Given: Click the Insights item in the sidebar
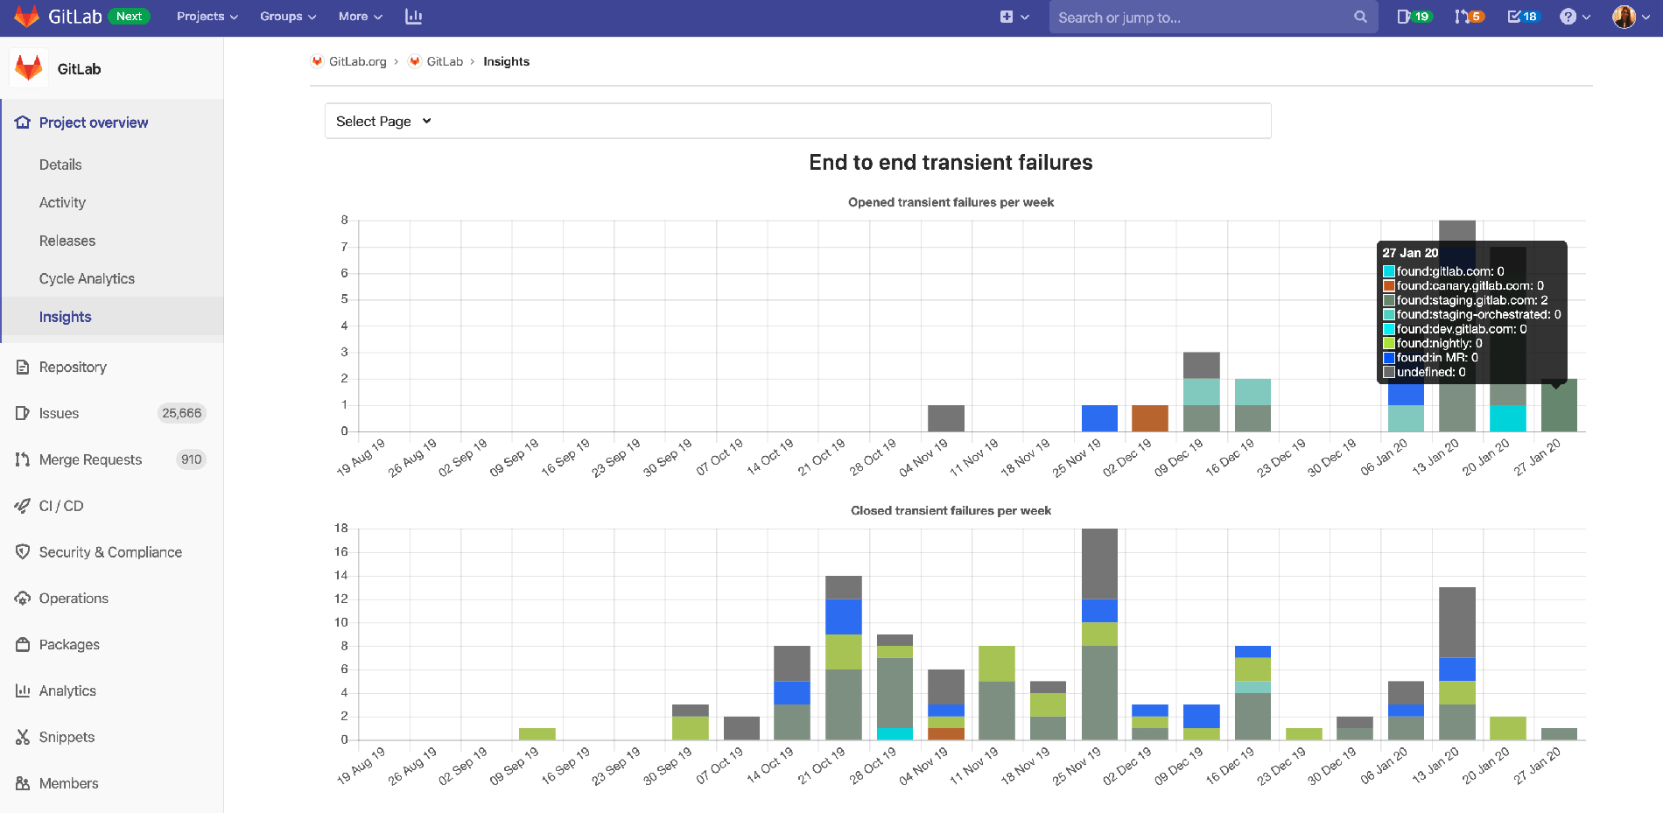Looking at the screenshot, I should (65, 317).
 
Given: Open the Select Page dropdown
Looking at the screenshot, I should (383, 122).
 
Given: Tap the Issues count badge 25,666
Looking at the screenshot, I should (181, 413).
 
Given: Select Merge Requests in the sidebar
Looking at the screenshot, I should (90, 459).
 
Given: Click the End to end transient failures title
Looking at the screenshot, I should (951, 163).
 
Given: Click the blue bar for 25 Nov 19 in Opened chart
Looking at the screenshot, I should (1099, 418).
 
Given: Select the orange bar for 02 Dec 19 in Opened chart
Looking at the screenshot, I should (1150, 418).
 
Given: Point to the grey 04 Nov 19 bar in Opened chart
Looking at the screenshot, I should (945, 418).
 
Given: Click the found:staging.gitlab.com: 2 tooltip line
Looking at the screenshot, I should (1470, 300).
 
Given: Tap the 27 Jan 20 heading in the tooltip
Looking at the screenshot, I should (1410, 253).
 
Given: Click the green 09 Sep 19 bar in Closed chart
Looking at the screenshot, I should (537, 734).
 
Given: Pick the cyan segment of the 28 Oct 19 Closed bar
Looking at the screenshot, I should (895, 733).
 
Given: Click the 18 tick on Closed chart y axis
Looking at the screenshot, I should (340, 529).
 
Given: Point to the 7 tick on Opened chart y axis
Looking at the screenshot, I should (344, 247).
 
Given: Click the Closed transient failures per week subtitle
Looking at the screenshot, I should (951, 511).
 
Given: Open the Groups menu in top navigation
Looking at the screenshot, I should (287, 17).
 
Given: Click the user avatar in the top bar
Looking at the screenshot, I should (1624, 17).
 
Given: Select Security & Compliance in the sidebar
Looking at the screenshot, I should (110, 552).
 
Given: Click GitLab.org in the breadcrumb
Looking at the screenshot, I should (357, 61).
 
